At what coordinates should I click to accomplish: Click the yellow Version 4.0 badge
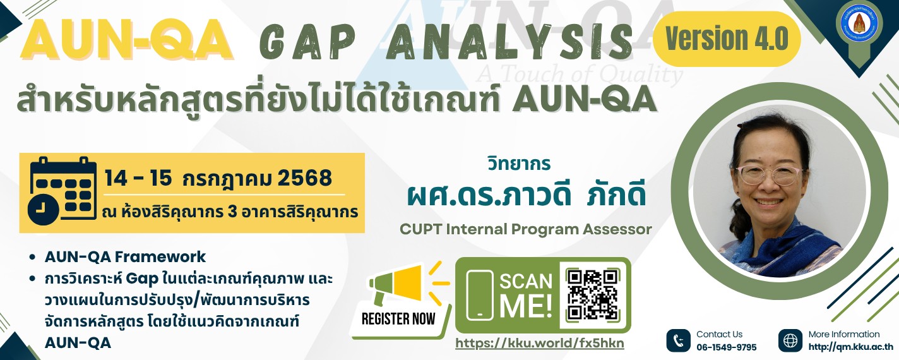[x=727, y=39]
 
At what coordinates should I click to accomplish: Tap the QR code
[x=593, y=295]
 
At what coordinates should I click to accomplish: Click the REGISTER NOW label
[x=398, y=319]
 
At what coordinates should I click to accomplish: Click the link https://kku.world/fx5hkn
[x=540, y=343]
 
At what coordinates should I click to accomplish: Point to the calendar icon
[x=63, y=190]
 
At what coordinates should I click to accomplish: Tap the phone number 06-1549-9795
[x=727, y=347]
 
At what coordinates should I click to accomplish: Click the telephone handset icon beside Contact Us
[x=678, y=340]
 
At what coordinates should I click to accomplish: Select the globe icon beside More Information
[x=790, y=340]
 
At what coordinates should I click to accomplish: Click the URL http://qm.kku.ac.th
[x=851, y=347]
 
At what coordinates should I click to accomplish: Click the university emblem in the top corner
[x=859, y=24]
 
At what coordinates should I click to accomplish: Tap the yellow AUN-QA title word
[x=127, y=40]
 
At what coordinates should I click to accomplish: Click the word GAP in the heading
[x=307, y=41]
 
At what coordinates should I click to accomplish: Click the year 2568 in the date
[x=305, y=178]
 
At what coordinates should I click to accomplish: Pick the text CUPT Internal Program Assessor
[x=526, y=229]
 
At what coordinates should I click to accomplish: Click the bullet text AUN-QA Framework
[x=125, y=257]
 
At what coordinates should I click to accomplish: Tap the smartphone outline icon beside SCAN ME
[x=480, y=296]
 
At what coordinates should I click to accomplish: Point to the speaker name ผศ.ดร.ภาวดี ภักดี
[x=527, y=195]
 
